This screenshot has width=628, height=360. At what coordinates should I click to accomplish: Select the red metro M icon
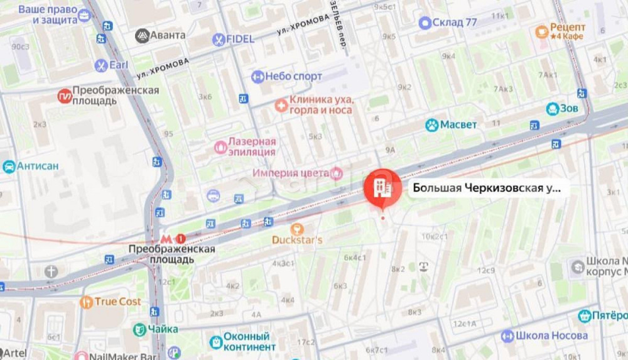[166, 239]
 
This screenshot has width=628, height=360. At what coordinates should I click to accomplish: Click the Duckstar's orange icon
[298, 229]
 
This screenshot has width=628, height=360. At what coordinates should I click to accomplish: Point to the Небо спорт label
[293, 77]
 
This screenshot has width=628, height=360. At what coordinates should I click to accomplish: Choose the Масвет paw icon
[431, 125]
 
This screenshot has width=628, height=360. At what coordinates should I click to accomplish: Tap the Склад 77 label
[455, 23]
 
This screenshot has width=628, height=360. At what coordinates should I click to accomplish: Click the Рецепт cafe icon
[541, 31]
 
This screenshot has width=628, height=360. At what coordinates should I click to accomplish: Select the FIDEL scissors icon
[219, 40]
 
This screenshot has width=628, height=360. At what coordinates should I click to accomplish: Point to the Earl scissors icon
[100, 65]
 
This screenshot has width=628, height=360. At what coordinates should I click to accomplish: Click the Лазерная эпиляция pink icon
[220, 147]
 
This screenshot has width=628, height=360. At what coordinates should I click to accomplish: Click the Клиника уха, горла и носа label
[321, 105]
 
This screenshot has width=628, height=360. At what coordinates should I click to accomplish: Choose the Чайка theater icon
[139, 329]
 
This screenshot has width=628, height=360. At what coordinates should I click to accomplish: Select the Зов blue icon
[553, 109]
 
